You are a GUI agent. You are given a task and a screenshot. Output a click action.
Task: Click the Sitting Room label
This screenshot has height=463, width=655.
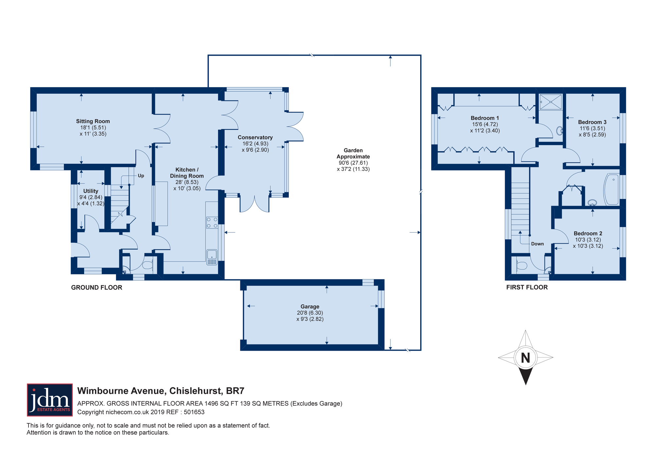pos(93,121)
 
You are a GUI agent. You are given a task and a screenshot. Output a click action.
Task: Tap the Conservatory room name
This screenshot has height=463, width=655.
pos(255,138)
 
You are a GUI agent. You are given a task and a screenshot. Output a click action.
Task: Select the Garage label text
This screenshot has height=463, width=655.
pos(310,306)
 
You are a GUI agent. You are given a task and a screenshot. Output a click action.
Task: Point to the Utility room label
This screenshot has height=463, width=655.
pos(91,191)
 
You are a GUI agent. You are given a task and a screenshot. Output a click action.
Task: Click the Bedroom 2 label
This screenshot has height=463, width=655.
pos(588,233)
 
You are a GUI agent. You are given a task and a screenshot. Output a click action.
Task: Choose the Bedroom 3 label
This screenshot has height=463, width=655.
pos(592,122)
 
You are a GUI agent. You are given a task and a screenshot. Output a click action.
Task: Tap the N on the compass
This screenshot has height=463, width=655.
pos(525,358)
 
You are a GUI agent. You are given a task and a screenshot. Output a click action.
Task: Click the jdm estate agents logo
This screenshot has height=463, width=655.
pos(50,400)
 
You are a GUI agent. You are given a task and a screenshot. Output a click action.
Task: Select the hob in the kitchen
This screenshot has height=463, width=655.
pos(212,223)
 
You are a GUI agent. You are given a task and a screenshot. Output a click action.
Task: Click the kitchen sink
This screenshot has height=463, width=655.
pos(212,257)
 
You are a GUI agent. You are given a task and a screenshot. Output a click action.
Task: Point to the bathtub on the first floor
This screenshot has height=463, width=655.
pos(611,190)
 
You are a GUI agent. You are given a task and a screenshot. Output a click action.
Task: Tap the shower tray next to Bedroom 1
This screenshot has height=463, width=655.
pos(551,102)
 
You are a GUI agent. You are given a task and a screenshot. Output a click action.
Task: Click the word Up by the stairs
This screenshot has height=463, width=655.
pos(141,176)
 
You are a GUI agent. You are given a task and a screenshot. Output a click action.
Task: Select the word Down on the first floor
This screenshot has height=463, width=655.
pos(537,244)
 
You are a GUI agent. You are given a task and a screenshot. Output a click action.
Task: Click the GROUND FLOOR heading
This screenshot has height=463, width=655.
pos(97,287)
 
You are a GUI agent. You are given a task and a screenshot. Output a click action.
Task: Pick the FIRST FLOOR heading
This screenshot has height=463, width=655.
pos(527,287)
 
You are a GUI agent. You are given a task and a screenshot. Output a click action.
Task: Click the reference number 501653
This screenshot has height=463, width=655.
pos(194,412)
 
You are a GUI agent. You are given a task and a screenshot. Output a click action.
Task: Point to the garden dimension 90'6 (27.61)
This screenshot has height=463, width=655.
pos(353,163)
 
